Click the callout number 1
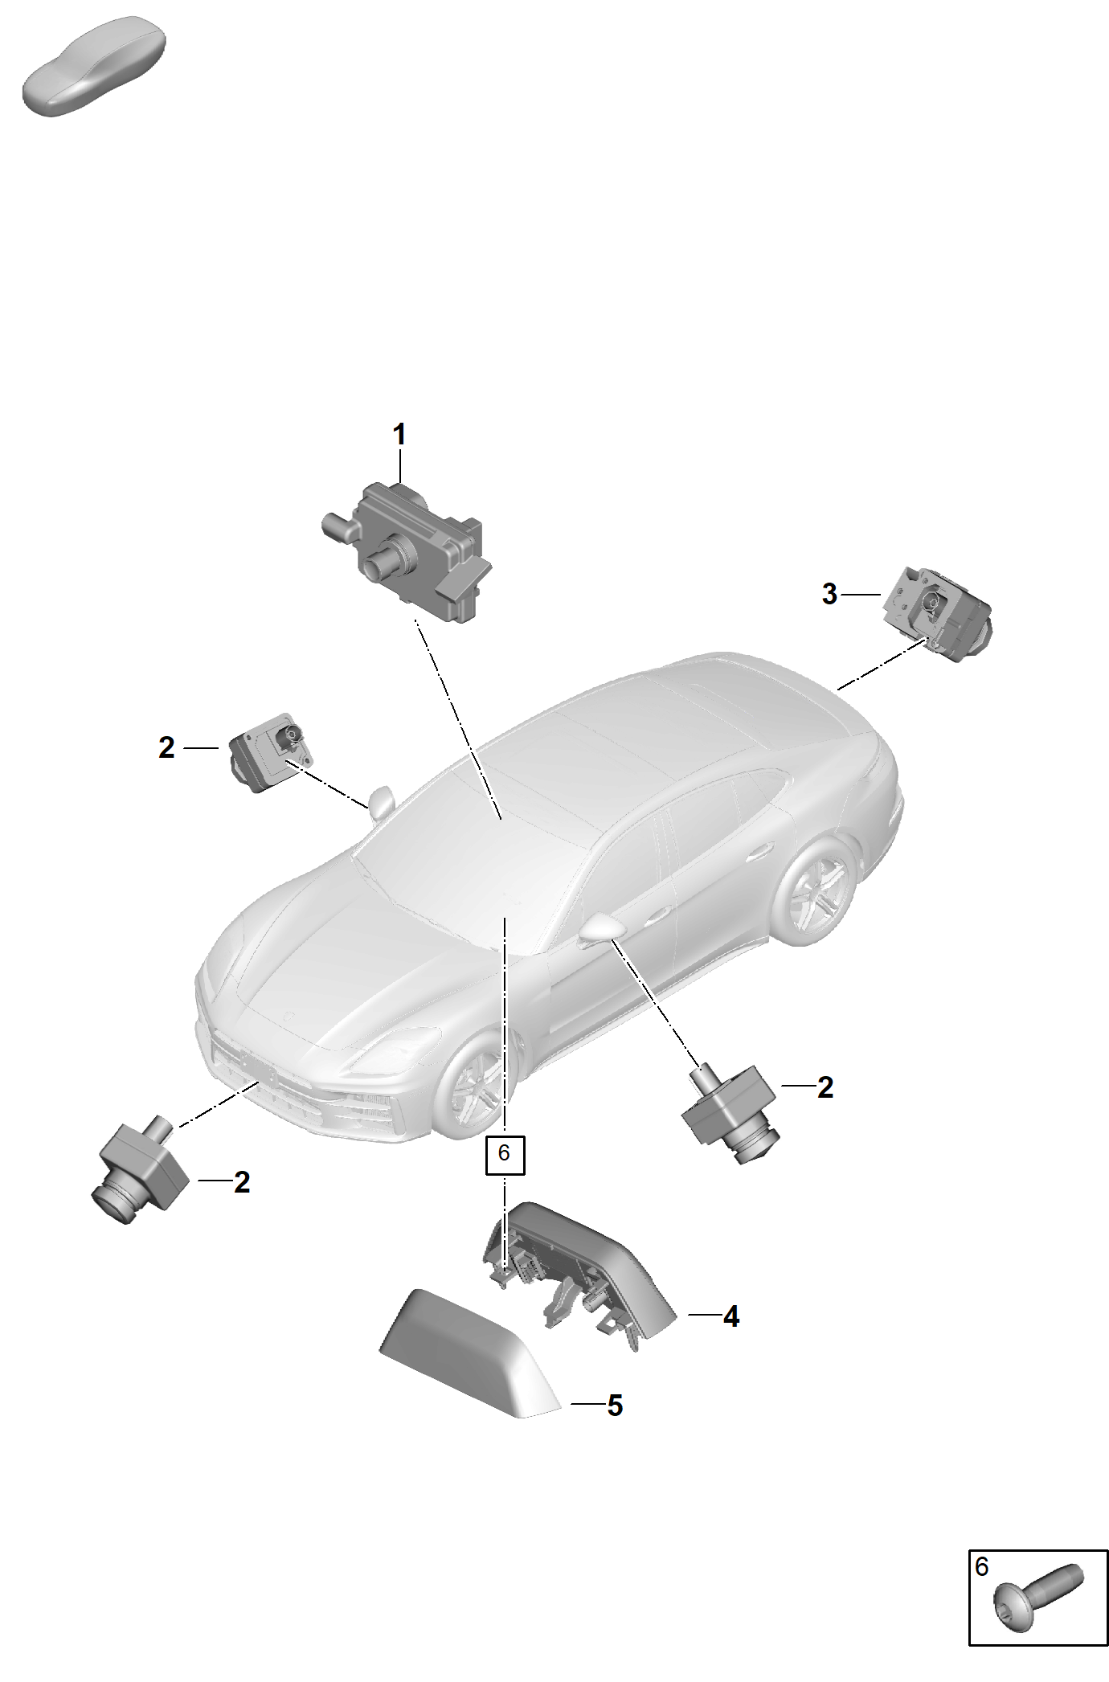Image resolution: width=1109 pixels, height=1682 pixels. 399,435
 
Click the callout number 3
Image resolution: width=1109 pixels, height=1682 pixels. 829,594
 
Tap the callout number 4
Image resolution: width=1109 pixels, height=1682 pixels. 730,1316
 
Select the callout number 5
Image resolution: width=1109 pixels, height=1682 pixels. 615,1406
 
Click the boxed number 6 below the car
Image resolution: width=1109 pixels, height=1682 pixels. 504,1155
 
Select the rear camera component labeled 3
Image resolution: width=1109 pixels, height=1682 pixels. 937,615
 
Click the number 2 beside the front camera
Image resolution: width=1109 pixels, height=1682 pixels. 242,1182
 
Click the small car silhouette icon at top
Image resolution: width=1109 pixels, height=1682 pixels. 93,67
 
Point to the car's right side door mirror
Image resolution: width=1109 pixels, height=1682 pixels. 602,930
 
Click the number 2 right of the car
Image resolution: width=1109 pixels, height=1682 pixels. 825,1087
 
